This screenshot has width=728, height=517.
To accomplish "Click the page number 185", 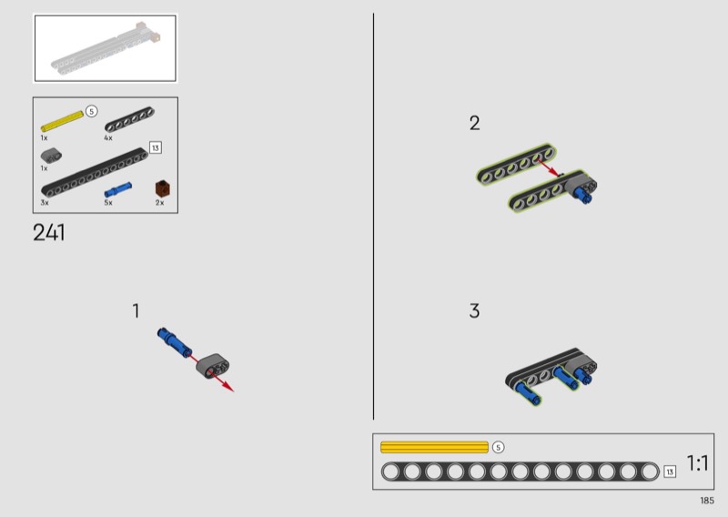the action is (707, 501).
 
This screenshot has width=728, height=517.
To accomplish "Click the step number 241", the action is (49, 233).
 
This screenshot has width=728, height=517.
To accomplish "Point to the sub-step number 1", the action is (136, 310).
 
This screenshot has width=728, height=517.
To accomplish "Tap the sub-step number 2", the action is (474, 123).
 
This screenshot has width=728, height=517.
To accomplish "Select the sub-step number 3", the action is (474, 310).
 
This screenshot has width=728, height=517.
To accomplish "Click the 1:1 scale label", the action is (697, 463).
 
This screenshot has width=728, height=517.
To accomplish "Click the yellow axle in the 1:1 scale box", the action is (434, 447).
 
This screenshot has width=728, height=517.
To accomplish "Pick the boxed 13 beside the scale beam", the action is (670, 471).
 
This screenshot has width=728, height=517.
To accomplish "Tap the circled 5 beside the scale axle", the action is (498, 447).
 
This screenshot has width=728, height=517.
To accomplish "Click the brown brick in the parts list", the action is (162, 188).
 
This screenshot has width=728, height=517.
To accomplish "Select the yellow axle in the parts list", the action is (62, 121).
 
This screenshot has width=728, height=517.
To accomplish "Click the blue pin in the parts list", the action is (118, 189).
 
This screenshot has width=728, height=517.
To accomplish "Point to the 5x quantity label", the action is (108, 203).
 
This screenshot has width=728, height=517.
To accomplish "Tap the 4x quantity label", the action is (108, 138).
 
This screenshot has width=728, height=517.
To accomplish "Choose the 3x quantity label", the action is (45, 203).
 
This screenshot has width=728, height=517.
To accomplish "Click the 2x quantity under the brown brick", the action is (160, 203).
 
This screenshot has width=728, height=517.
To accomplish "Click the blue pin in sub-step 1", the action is (174, 342).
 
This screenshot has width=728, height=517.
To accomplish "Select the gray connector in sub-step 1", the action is (213, 366).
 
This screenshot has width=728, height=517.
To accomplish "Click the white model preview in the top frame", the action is (107, 48).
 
